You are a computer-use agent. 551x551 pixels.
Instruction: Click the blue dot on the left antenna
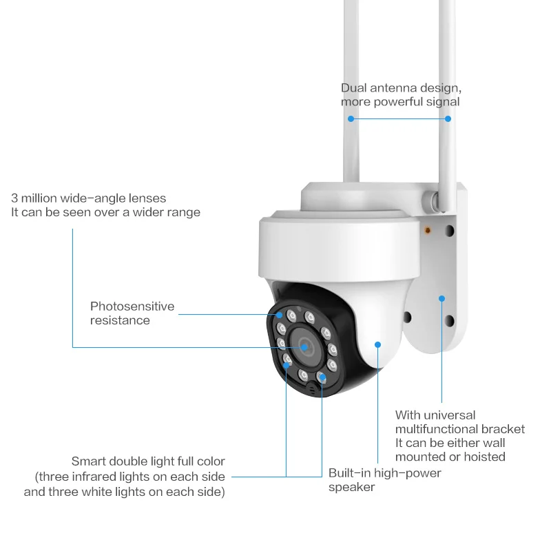[x=351, y=118]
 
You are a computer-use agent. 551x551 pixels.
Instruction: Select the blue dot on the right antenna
[x=448, y=118]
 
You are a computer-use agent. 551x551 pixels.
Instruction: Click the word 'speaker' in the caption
[x=351, y=487]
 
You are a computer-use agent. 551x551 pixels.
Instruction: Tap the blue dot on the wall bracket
[x=441, y=299]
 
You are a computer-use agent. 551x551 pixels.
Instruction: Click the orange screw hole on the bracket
[x=428, y=230]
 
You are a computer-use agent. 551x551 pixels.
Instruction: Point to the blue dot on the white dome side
[x=377, y=344]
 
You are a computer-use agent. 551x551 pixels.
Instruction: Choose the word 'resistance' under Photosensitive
[x=120, y=320]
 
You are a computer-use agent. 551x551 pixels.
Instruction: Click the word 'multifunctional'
[x=437, y=429]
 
